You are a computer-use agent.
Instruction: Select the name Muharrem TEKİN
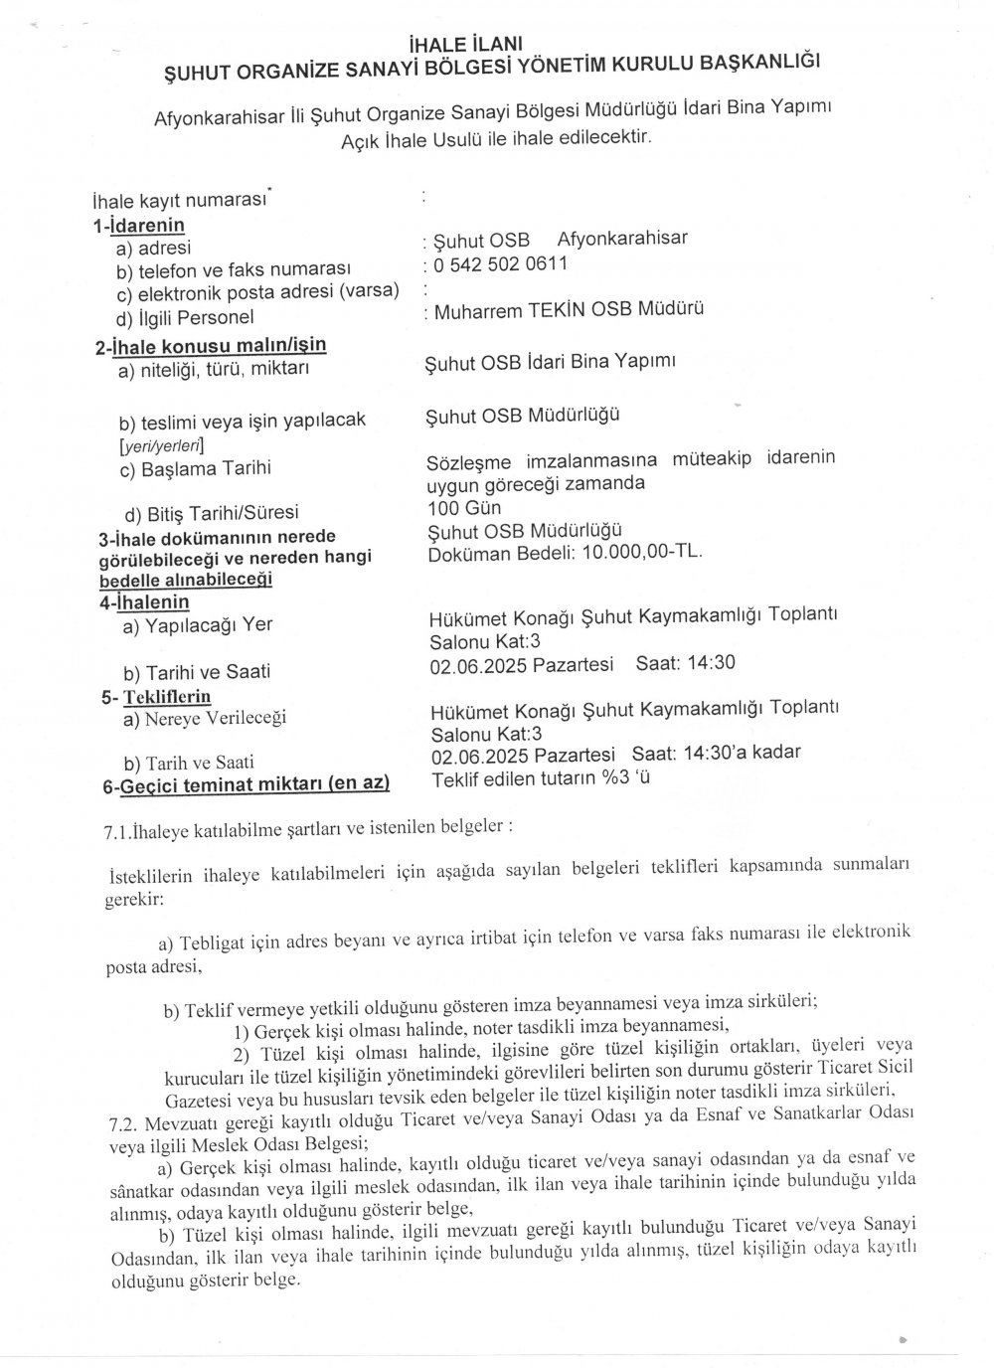click(x=505, y=310)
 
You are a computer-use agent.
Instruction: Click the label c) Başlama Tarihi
click(x=195, y=467)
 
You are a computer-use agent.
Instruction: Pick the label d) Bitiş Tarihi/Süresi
click(x=211, y=513)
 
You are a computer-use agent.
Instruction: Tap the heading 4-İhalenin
click(x=144, y=601)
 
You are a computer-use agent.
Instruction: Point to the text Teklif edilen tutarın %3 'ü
click(x=540, y=778)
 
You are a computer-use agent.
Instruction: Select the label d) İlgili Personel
click(x=185, y=317)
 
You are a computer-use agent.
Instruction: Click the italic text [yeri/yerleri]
click(x=161, y=444)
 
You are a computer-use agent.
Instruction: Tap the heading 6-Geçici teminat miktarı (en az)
click(x=246, y=785)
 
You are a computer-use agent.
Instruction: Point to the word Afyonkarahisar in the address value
click(x=622, y=239)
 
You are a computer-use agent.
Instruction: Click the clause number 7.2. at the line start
click(x=126, y=1122)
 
